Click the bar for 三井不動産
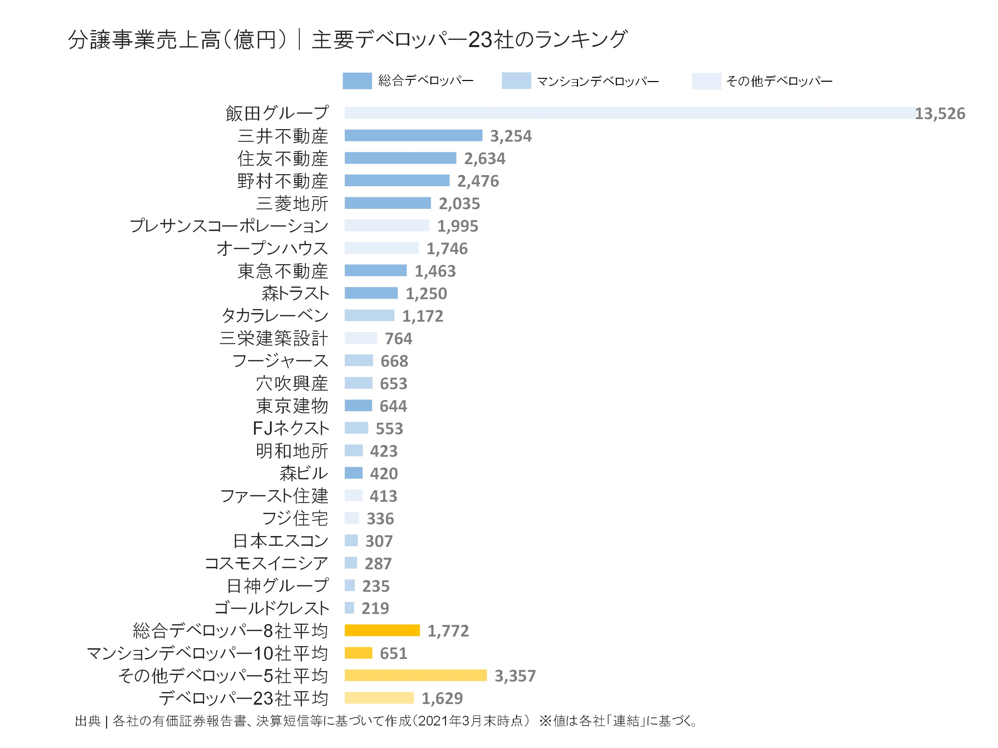[413, 135]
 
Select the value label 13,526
[939, 114]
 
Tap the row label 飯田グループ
[277, 113]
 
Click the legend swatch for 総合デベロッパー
[357, 81]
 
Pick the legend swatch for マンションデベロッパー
[516, 81]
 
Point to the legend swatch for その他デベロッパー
[706, 81]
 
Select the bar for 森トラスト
[371, 293]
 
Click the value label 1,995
[457, 226]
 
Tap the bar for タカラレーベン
[369, 315]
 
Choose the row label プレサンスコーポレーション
[229, 225]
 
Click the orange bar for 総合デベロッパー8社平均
[382, 630]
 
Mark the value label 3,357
[515, 675]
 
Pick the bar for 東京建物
[358, 405]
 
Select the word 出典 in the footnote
[88, 721]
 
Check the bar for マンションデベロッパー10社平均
[358, 653]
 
